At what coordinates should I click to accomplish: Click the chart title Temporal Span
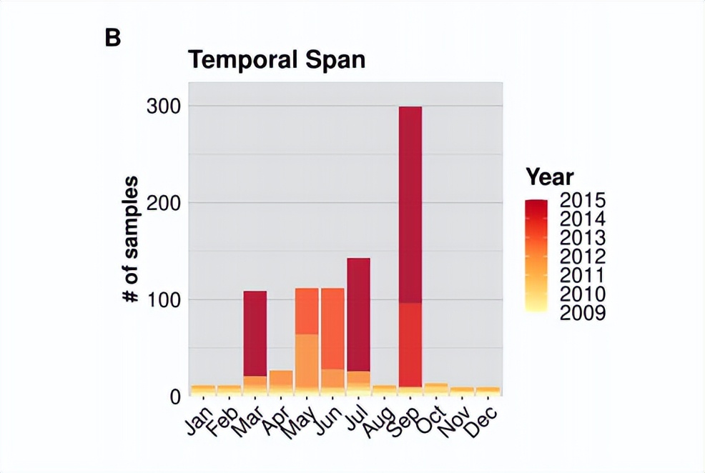click(x=277, y=59)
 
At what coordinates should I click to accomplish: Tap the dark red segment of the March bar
click(x=255, y=333)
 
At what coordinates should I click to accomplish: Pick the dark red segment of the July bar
click(x=358, y=314)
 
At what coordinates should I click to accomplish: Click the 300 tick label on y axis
click(x=163, y=106)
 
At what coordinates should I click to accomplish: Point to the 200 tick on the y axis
click(x=163, y=203)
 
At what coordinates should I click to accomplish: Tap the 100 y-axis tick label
click(x=163, y=299)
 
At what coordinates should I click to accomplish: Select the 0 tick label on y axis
click(x=175, y=396)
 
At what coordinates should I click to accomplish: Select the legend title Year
click(x=549, y=176)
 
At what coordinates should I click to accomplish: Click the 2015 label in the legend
click(x=583, y=199)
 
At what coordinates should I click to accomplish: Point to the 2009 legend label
click(x=583, y=312)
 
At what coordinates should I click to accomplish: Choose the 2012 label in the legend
click(x=583, y=256)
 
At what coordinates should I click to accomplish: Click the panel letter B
click(x=112, y=37)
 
